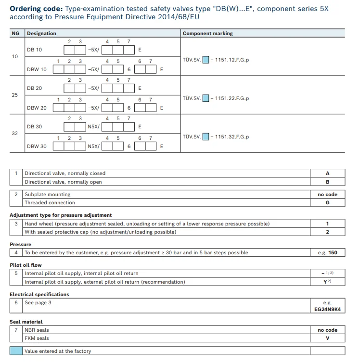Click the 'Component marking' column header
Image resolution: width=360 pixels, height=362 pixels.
[x=207, y=34]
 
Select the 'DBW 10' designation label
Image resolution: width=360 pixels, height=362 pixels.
[x=37, y=69]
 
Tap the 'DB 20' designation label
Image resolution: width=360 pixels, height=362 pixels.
[x=35, y=88]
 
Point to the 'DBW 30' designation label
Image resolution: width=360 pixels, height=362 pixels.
[x=37, y=146]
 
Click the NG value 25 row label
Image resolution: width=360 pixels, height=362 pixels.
[x=15, y=95]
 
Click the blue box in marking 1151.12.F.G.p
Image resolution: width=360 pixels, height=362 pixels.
[x=206, y=60]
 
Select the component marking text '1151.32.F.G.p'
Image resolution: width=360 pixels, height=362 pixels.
[x=232, y=137]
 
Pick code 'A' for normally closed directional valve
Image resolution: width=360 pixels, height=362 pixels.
[x=327, y=174]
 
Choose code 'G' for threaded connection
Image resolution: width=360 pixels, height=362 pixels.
[x=327, y=203]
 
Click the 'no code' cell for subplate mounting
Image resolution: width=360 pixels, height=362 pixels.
[x=327, y=195]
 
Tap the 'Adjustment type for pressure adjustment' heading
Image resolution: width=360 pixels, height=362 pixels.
[x=61, y=215]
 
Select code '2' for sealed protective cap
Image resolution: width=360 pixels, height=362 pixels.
[x=327, y=232]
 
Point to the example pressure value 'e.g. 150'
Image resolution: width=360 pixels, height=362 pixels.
[x=327, y=253]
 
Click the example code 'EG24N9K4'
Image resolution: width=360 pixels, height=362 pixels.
[x=327, y=310]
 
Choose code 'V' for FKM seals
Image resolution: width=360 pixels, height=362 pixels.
[x=327, y=338]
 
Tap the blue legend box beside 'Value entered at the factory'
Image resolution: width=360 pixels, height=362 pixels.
[x=16, y=351]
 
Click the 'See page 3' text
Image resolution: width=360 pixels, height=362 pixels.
[x=38, y=303]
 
